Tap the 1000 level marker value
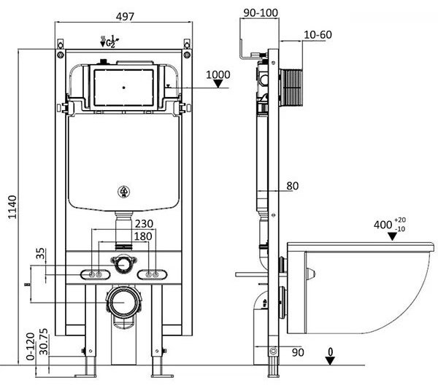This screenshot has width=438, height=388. click(x=218, y=74)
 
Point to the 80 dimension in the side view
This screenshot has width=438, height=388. click(x=292, y=186)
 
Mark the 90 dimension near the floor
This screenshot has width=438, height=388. click(x=296, y=352)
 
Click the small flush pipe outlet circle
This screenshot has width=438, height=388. click(x=122, y=261)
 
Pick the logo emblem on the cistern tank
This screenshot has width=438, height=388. click(x=122, y=193)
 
